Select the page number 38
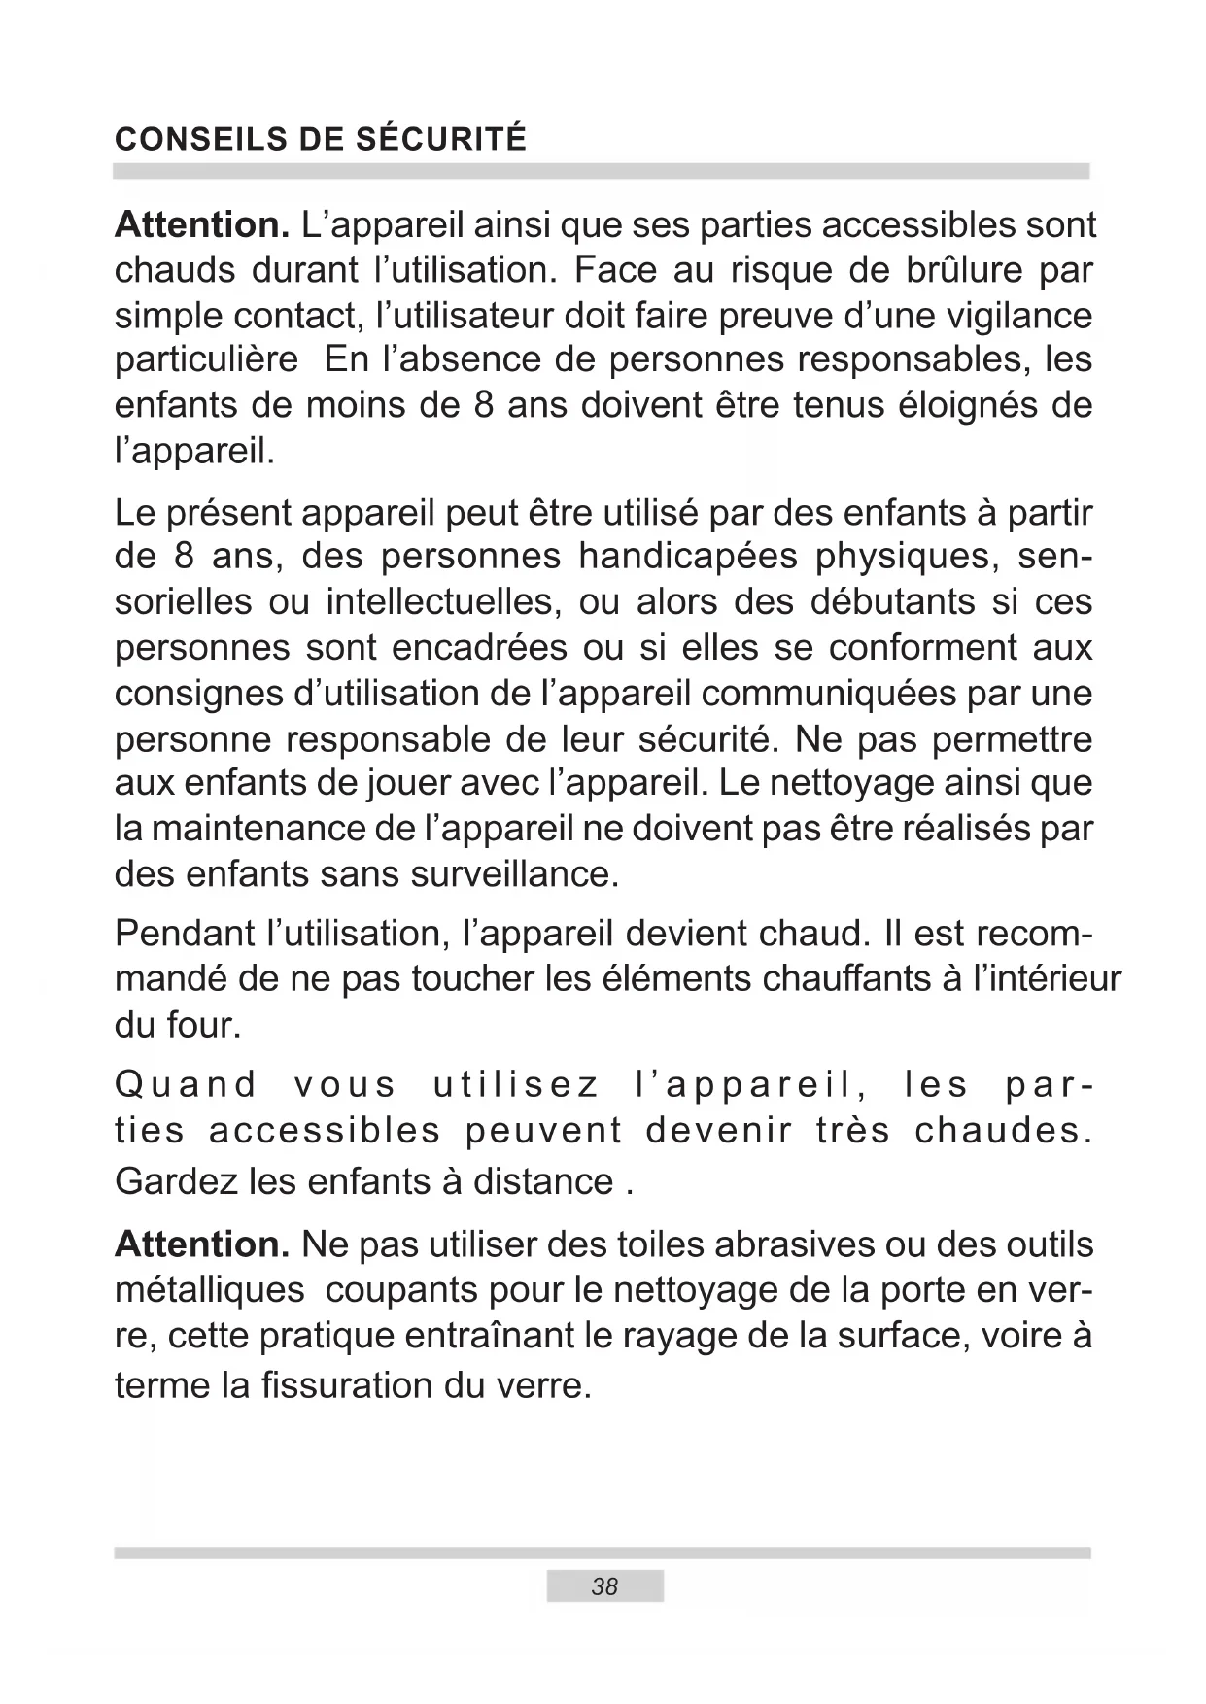604,1586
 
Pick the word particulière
206,359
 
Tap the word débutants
892,602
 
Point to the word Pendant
185,934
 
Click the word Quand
186,1084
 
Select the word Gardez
176,1181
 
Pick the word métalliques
209,1290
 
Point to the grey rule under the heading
602,171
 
